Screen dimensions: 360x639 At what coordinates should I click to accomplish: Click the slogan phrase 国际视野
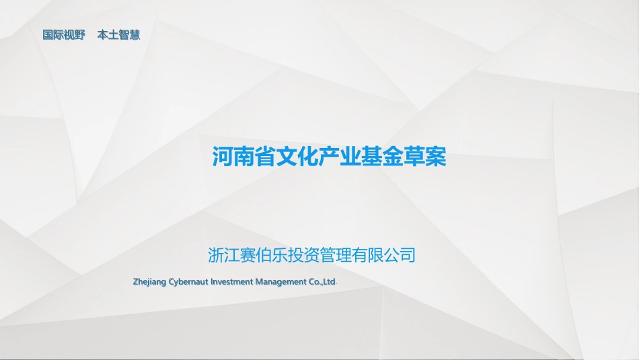[x=64, y=35]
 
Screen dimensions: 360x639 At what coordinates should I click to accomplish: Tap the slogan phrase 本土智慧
[x=118, y=35]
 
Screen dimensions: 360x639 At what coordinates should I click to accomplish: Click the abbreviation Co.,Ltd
[x=322, y=281]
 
